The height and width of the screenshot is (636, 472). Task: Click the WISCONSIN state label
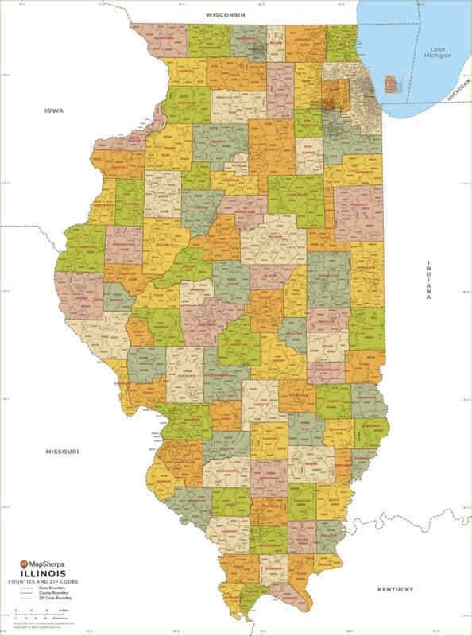(226, 15)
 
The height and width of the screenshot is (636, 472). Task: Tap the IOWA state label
(54, 111)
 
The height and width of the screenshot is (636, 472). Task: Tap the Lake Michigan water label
(436, 51)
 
